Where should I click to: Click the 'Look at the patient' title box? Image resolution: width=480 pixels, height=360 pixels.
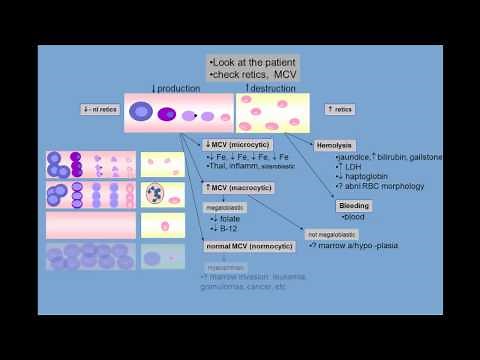(255, 68)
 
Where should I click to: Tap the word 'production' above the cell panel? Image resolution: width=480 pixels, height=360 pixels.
(179, 88)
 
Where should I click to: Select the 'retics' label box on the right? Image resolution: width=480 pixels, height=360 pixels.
(339, 109)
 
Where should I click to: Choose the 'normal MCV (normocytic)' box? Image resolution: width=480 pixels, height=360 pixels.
(244, 245)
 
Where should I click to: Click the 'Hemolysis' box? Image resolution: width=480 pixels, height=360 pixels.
(334, 145)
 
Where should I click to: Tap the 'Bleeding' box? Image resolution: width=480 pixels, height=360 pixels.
(355, 205)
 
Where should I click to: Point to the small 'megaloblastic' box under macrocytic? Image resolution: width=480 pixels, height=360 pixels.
(223, 207)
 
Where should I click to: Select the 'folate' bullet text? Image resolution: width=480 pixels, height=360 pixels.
(227, 219)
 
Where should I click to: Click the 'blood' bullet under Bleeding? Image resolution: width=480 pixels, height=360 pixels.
(355, 217)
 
